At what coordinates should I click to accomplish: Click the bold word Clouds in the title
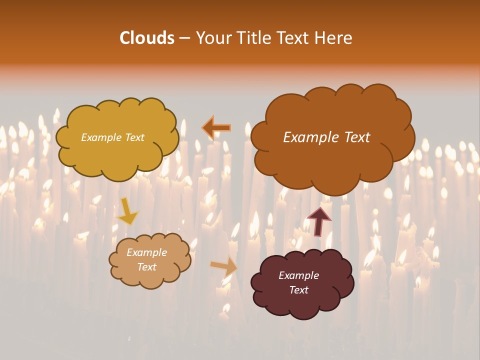[x=147, y=38]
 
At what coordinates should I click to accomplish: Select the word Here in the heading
[x=335, y=38]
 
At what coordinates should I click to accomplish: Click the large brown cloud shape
[x=332, y=160]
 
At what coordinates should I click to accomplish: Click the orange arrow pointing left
[x=216, y=128]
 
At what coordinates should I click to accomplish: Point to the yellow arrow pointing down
[x=127, y=211]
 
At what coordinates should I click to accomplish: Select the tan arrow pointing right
[x=224, y=266]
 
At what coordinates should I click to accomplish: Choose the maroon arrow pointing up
[x=318, y=221]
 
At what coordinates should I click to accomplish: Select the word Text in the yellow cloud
[x=134, y=137]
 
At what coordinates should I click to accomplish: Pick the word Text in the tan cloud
[x=146, y=267]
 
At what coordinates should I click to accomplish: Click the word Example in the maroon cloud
[x=298, y=275]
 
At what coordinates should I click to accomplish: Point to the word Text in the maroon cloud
[x=298, y=290]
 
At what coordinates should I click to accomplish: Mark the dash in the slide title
[x=184, y=38]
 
